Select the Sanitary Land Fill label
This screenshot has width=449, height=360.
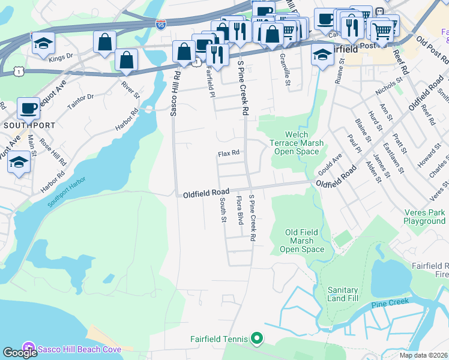[x=342, y=293]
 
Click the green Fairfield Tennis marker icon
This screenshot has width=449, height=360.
[x=257, y=339]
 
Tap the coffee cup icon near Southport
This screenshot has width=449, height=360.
[x=28, y=108]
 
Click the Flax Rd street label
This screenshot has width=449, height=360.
[x=229, y=154]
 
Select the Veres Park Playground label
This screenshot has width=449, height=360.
[x=424, y=217]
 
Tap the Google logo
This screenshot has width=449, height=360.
[x=20, y=352]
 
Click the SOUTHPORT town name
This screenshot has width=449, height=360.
[x=29, y=125]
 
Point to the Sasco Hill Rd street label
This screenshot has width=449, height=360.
[x=176, y=93]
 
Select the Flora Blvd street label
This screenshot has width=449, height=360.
[x=239, y=207]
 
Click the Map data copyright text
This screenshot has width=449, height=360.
[x=423, y=355]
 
